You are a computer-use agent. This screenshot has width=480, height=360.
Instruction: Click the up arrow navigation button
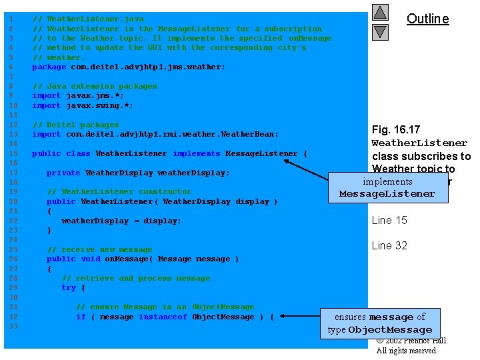click(380, 13)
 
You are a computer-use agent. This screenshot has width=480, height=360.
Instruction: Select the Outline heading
click(427, 19)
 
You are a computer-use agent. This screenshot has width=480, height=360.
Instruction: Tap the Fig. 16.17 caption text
click(396, 129)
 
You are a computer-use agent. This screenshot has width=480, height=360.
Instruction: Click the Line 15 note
click(389, 220)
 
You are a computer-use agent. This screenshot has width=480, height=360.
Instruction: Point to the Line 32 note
click(389, 245)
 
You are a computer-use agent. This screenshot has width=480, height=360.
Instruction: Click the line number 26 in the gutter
click(11, 259)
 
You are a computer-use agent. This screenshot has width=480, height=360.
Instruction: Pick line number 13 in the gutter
click(11, 134)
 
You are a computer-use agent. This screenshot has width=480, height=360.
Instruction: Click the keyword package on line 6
click(49, 67)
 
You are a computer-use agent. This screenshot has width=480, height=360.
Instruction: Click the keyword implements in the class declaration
click(196, 153)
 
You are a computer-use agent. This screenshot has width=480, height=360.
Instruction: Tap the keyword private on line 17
click(63, 173)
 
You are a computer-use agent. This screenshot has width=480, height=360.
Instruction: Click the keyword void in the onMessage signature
click(90, 259)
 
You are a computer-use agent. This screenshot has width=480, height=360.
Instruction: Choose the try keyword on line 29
click(68, 287)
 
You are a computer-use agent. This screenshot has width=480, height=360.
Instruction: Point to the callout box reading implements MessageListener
click(387, 187)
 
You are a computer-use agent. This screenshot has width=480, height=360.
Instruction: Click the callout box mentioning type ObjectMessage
click(379, 323)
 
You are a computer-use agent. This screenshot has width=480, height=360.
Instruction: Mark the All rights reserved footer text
click(407, 351)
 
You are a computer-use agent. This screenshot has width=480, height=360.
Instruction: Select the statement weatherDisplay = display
click(121, 221)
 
